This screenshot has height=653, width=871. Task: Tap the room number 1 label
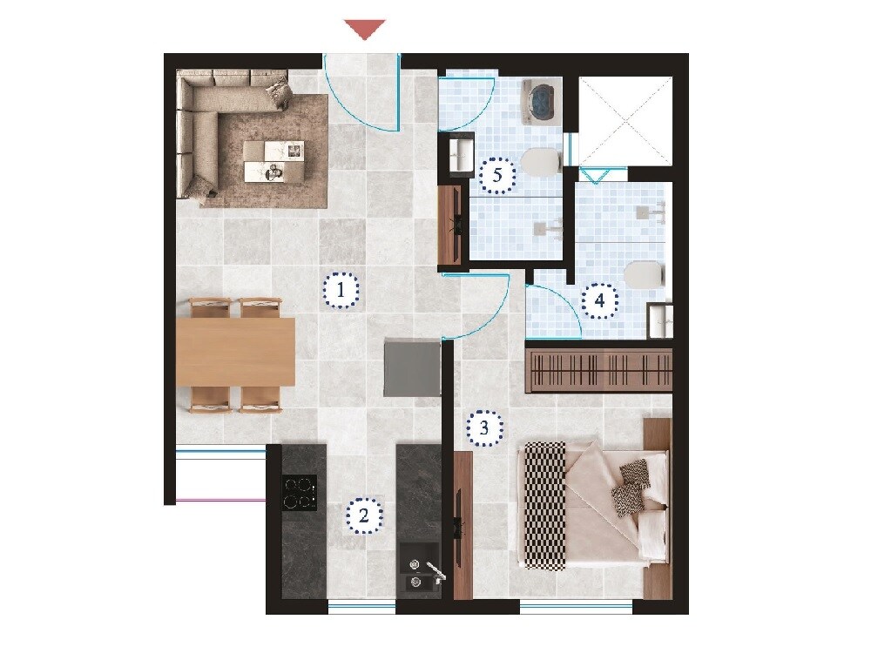tap(341, 290)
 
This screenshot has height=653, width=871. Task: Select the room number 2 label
tap(364, 515)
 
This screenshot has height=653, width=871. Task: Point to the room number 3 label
tap(485, 427)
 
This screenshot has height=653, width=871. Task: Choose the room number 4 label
tap(599, 301)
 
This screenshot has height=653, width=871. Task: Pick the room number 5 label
tap(497, 175)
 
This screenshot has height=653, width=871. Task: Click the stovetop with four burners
tap(298, 492)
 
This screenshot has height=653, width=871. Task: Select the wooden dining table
tap(235, 353)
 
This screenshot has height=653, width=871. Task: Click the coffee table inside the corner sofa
tap(274, 161)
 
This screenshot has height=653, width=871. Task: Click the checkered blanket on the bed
tap(544, 504)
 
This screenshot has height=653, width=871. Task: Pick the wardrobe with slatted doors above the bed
tap(599, 371)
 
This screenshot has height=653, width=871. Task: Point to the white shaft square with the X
tap(625, 121)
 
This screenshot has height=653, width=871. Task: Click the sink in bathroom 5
tap(458, 157)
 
